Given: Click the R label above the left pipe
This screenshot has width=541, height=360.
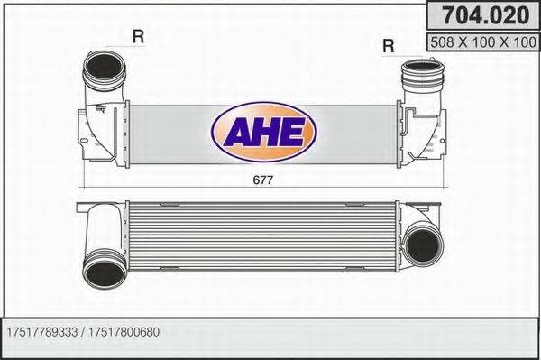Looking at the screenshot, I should pos(138,37).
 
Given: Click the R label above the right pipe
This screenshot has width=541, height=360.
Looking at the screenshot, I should pos(389,44).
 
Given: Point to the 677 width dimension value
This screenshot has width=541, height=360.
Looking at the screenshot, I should pos(262,179).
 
